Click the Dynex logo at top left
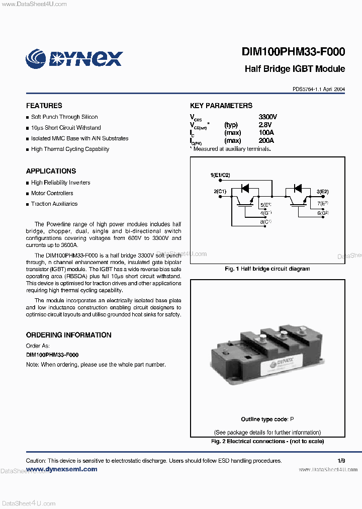[x=74, y=58]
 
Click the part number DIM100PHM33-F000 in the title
[x=293, y=52]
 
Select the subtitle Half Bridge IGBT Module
[x=295, y=69]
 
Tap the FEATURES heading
[x=44, y=106]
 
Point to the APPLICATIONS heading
[x=51, y=171]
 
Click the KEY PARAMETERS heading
[x=221, y=106]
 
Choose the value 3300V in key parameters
[x=267, y=117]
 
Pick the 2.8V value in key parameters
[x=265, y=125]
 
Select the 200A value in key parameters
[x=266, y=141]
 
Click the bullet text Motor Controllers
[x=52, y=193]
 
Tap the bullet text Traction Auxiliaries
[x=54, y=204]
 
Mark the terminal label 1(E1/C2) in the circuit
[x=220, y=175]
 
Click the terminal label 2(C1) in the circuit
[x=220, y=191]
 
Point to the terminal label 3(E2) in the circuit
[x=322, y=191]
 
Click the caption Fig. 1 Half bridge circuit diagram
[x=267, y=269]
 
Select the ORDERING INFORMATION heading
[x=68, y=335]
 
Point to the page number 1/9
[x=341, y=461]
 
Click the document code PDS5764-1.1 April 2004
[x=319, y=89]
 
